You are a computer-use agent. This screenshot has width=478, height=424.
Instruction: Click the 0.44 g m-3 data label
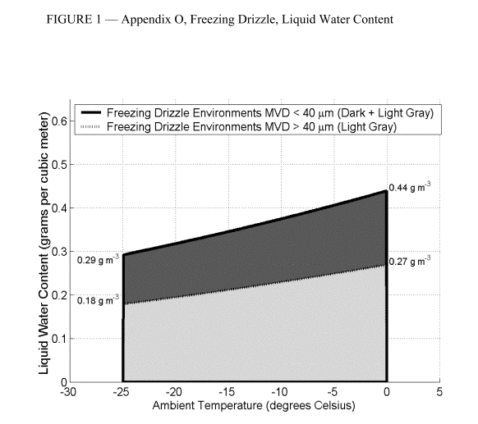pyautogui.click(x=410, y=188)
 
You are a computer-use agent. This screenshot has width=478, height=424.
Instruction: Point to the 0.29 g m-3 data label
pyautogui.click(x=98, y=259)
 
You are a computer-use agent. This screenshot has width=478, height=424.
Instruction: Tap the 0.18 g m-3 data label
pyautogui.click(x=98, y=300)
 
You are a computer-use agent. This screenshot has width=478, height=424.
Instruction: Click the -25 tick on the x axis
pyautogui.click(x=122, y=391)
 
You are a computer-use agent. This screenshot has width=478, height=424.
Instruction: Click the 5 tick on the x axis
pyautogui.click(x=439, y=391)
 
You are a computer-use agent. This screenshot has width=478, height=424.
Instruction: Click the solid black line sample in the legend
pyautogui.click(x=90, y=112)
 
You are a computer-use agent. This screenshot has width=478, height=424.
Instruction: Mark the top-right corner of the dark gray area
pyautogui.click(x=386, y=191)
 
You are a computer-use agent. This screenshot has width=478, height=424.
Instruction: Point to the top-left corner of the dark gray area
pyautogui.click(x=123, y=254)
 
